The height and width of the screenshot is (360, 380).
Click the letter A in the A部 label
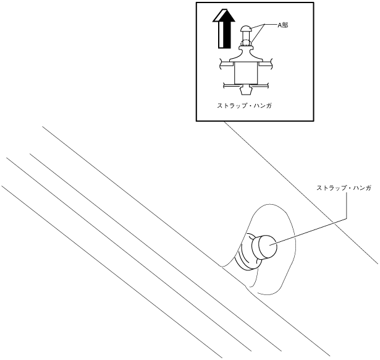[279, 25]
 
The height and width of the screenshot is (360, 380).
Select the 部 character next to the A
[285, 25]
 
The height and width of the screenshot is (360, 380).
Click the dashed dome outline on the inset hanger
[245, 43]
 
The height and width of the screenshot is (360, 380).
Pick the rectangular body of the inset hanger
[245, 72]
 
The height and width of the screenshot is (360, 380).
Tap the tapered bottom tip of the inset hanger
[245, 87]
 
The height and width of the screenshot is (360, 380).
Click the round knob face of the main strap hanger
[268, 247]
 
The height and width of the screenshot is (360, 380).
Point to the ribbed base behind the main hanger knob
[246, 254]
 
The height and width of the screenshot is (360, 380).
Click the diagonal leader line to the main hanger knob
[309, 229]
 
